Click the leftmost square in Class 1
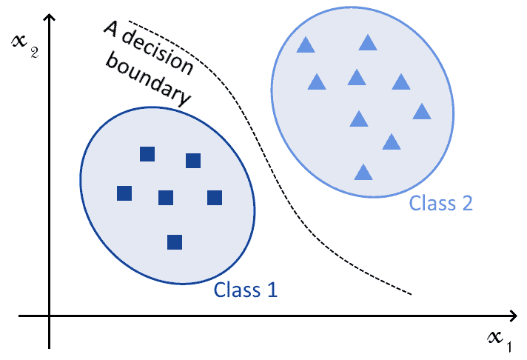click(124, 193)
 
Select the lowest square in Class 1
click(175, 241)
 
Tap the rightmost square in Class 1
click(215, 198)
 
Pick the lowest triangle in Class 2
click(363, 173)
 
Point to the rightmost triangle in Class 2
click(422, 112)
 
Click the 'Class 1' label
click(246, 290)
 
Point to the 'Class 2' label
click(441, 202)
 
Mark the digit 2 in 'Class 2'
click(466, 202)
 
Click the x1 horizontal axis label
click(498, 339)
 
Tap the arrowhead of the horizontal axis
click(513, 317)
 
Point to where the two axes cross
click(50, 317)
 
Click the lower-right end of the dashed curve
click(411, 294)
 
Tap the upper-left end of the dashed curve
click(129, 21)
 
